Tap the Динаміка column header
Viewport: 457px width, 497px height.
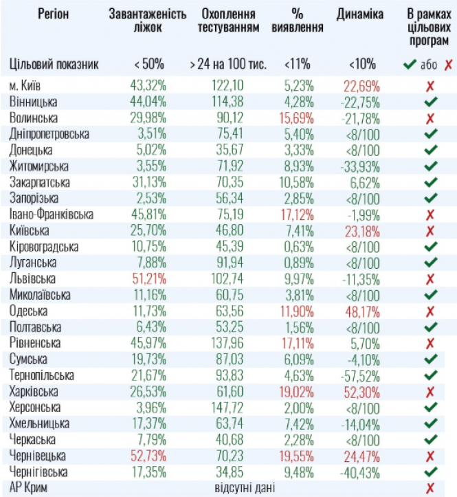360,15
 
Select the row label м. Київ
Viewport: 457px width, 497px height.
28,86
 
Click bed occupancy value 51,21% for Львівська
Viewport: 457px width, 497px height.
147,278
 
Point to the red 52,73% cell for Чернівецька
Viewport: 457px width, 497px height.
147,456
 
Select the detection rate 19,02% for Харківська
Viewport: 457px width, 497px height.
297,391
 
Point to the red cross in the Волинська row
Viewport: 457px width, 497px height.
431,118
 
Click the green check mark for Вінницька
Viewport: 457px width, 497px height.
431,102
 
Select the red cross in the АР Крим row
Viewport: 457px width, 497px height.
431,488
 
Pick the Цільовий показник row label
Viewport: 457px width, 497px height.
55,65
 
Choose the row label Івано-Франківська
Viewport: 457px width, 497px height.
51,214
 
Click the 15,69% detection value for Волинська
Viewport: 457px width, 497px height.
297,118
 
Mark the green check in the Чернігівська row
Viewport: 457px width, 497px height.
431,472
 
